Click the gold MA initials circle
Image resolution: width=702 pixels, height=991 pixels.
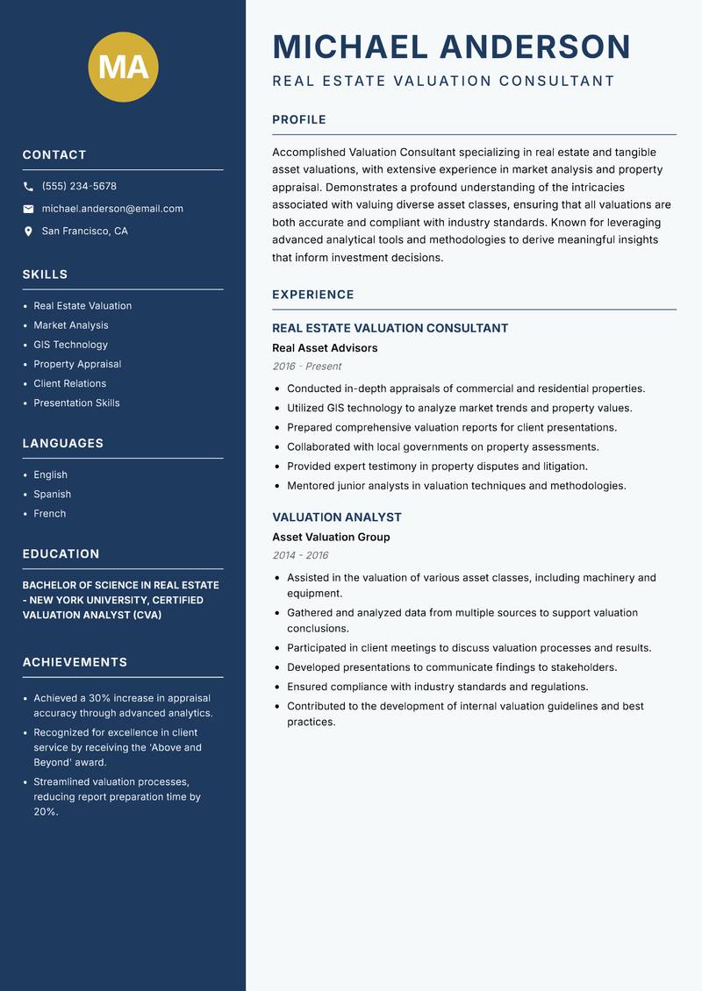coord(123,68)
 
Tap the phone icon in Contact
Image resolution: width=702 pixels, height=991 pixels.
coord(28,187)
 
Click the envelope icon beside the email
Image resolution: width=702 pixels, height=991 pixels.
coord(28,209)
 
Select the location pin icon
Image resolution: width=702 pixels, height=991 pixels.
coord(28,232)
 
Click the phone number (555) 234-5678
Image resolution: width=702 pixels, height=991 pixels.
coord(79,187)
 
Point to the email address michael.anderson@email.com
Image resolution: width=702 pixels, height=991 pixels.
coord(112,209)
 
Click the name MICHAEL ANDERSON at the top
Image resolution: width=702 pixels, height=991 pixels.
coord(452,46)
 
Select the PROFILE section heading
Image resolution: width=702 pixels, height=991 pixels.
coord(299,120)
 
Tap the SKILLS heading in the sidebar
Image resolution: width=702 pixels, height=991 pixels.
coord(45,274)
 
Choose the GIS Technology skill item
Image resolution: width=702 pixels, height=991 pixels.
coord(70,345)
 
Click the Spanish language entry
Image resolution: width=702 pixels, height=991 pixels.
coord(53,495)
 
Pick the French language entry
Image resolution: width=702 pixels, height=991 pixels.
coord(50,514)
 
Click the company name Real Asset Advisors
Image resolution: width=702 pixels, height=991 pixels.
coord(325,348)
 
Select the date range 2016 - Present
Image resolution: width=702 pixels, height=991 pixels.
coord(307,367)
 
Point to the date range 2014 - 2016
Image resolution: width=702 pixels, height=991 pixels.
coord(300,556)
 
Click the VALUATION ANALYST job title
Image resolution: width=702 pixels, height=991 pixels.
coord(337,517)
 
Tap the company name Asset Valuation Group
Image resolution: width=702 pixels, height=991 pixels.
coord(331,538)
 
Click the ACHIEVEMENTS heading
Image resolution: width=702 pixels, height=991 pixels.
coord(75,662)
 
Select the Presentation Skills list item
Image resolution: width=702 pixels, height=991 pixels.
coord(76,403)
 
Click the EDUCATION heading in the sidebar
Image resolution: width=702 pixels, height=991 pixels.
coord(61,554)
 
